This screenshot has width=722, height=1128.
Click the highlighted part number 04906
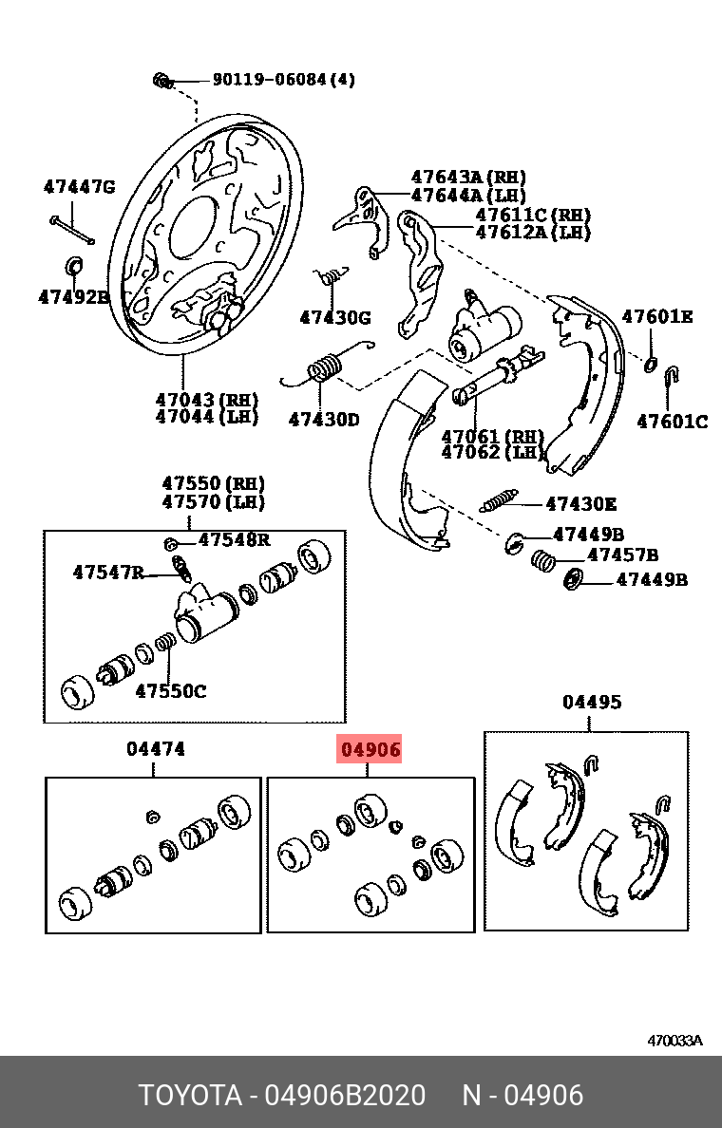tap(370, 749)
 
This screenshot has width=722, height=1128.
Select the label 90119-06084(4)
tap(282, 80)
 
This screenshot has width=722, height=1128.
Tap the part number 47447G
tap(79, 187)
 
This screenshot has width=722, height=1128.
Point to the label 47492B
tap(74, 296)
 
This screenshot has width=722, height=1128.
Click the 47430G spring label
tap(335, 317)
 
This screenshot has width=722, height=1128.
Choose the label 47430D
tap(324, 418)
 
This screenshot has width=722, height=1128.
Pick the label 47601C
tap(672, 422)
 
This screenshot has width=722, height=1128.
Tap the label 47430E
tap(580, 504)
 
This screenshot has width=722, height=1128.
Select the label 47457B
tap(622, 555)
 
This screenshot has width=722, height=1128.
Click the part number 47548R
tap(234, 540)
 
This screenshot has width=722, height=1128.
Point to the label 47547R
tap(108, 572)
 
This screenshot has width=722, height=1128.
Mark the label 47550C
tap(170, 690)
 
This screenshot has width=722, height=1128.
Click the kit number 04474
tap(156, 749)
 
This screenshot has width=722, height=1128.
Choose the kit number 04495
tap(592, 703)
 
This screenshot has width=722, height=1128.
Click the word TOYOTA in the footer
tap(190, 1095)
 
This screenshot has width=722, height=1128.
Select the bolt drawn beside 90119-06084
tap(162, 81)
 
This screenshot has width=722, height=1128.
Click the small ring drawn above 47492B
tap(73, 263)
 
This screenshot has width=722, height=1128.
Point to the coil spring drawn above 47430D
tap(323, 367)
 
